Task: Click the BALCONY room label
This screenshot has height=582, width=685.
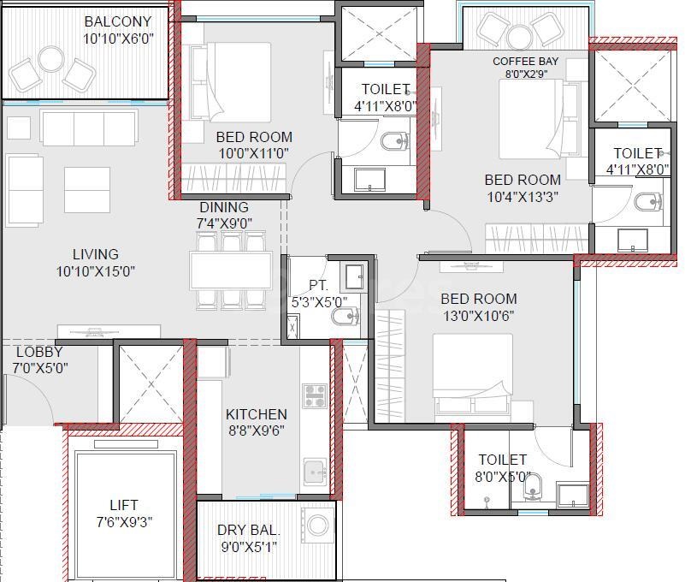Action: coord(118,21)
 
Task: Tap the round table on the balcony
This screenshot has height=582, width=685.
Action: coord(50,58)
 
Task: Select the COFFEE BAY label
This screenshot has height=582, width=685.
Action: coord(526,62)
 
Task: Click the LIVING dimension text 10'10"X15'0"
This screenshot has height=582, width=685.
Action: coord(95,271)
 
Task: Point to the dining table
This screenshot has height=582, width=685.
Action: coord(231,270)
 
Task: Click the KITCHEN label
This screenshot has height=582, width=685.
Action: coord(257,414)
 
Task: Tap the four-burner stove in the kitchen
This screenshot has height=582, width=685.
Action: coord(315,395)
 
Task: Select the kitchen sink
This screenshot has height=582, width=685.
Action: coord(315,472)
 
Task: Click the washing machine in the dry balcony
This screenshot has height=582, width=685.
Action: coord(317,525)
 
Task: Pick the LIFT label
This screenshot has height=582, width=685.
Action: coord(124,506)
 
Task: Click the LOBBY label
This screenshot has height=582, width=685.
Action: coord(39,352)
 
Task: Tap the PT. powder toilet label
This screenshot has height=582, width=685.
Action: coord(318,286)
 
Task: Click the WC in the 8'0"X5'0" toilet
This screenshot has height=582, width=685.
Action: coord(532,486)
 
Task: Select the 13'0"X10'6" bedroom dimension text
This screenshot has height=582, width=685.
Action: coord(478,316)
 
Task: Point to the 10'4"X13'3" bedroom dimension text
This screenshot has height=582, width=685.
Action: coord(523,197)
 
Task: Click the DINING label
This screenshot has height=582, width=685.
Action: coord(224,207)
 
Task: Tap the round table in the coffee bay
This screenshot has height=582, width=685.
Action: coord(519,38)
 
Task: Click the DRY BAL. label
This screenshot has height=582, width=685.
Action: coord(249,530)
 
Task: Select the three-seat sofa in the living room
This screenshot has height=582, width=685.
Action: coord(89,128)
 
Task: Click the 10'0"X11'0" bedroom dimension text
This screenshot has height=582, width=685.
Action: coord(254,154)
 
